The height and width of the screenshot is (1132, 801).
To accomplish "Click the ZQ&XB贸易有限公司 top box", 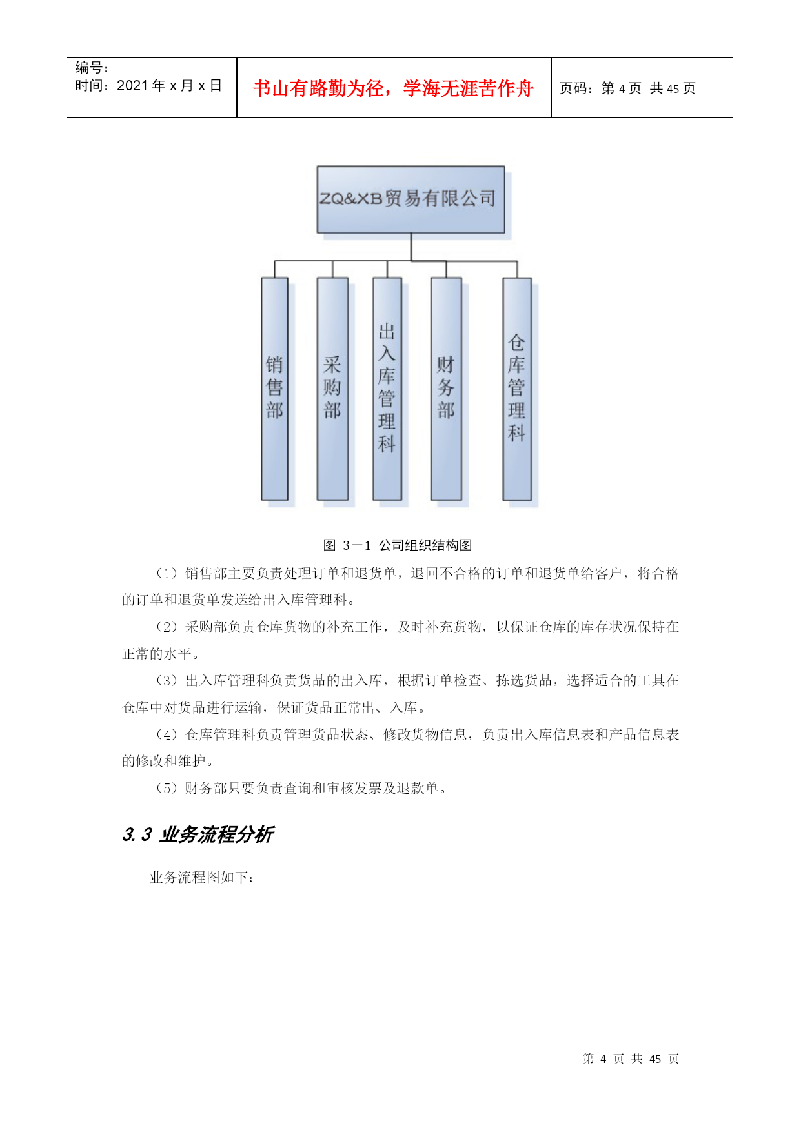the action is pos(411,199).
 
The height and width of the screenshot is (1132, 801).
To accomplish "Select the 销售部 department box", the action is pos(274,389).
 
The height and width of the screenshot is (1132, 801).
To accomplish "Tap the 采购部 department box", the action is pos(332,389).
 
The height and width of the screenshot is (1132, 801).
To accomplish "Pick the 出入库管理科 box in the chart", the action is pos(387,389).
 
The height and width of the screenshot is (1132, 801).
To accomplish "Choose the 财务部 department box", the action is pos(446,389).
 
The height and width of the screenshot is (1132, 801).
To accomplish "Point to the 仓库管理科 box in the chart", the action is pos(517,389).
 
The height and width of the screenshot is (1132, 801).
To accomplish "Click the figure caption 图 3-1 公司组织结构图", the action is pos(398,545).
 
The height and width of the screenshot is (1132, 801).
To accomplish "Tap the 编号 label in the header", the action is pos(92,67).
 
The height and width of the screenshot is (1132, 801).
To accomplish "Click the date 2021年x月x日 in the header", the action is pos(169,85).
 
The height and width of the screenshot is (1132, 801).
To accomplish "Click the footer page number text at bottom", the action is pos(631,1058).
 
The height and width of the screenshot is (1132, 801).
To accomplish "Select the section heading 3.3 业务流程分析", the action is pos(198,834).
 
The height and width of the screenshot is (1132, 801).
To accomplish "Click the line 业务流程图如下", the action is pos(202,877).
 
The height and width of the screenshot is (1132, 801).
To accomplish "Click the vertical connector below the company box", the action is pos(411,247).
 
